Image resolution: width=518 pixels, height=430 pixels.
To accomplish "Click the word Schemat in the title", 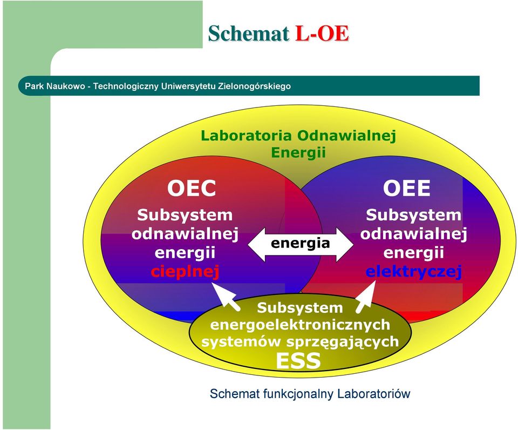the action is point(249,33).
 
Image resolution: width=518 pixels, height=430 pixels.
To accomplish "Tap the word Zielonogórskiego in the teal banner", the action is point(254,86).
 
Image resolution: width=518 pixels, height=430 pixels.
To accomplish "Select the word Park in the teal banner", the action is point(32,86).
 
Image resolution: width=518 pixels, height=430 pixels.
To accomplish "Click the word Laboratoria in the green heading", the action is point(246,136).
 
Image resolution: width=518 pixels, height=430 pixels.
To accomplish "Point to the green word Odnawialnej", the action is point(346,136).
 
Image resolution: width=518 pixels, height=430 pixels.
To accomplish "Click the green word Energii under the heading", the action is point(298,153).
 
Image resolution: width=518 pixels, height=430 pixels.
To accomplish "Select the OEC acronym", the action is point(192,188).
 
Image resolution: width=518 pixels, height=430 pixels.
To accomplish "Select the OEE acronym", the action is point(407,188).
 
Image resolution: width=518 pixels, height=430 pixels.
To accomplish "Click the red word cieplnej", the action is point(185,272).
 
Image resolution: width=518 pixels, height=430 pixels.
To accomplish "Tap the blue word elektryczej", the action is point(414,272).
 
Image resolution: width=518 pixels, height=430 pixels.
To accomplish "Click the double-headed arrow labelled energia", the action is point(301,244).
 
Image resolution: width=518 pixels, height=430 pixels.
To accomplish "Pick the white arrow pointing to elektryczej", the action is point(366,296).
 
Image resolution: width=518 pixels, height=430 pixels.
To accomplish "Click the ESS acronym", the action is point(298,360).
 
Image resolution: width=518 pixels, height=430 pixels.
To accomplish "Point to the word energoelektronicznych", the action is point(300,325).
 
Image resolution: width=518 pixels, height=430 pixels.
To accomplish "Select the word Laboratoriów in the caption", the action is point(373,394).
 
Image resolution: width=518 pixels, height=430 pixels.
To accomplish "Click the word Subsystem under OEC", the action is point(185,215).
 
